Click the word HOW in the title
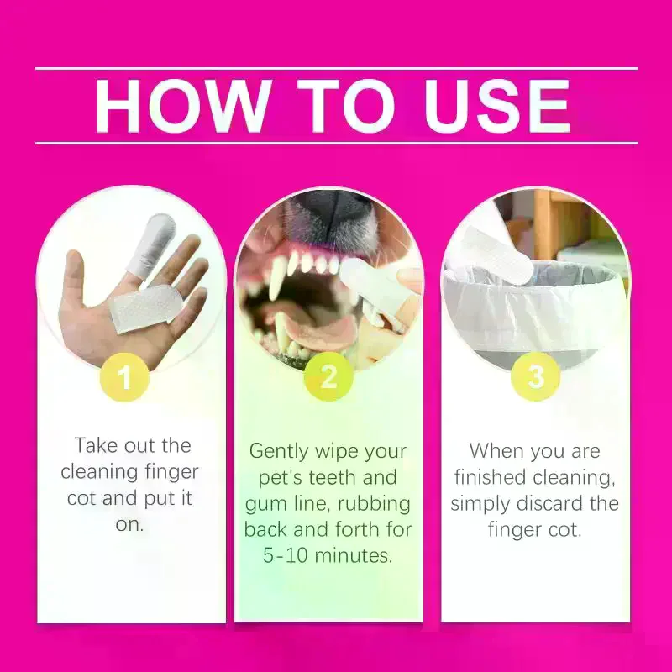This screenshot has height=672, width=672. [183, 106]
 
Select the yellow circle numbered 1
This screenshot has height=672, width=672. [124, 377]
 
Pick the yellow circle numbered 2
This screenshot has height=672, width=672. [328, 377]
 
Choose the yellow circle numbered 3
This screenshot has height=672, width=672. [536, 376]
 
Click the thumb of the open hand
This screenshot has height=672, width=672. [76, 279]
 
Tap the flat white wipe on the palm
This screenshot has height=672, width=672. [146, 307]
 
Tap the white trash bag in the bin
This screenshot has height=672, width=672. [532, 312]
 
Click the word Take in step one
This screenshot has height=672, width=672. [96, 446]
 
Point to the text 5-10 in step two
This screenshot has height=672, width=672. [285, 556]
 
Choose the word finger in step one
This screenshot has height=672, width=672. [172, 473]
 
